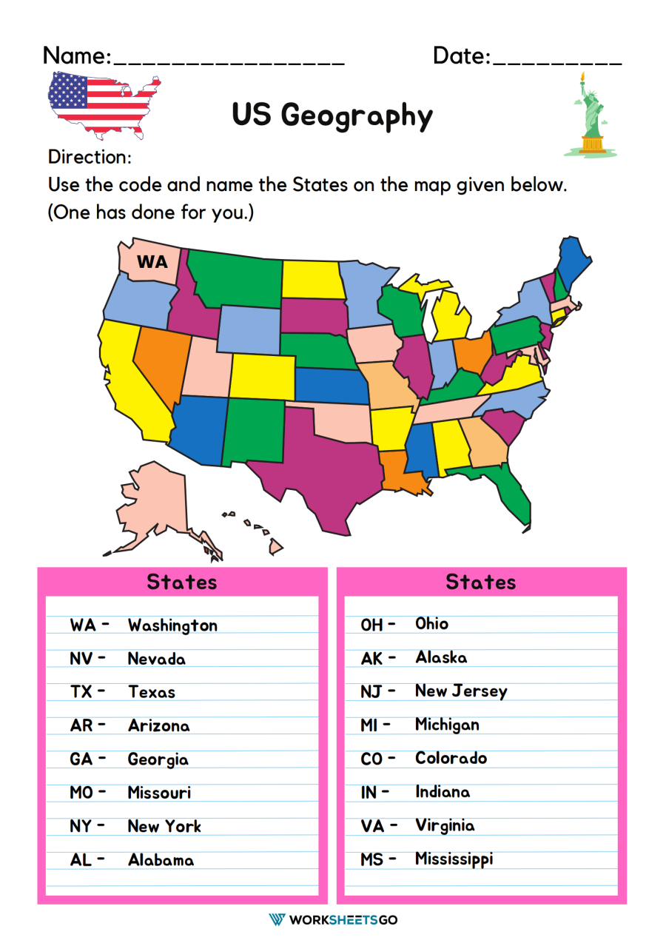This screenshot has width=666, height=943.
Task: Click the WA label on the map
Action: coord(152,261)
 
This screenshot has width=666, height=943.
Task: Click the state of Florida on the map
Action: coord(511,492)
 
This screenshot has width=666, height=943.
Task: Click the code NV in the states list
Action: coord(81,658)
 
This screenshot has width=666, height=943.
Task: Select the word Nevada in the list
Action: coord(156,658)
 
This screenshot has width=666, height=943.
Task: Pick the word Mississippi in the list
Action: coord(454,859)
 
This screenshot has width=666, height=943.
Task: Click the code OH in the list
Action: coord(372,625)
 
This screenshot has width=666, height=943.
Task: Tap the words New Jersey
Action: coord(461,691)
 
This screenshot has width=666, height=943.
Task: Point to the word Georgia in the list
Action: coord(158,759)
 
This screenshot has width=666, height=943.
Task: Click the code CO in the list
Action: coord(372,759)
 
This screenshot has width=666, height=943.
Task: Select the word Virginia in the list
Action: coord(445,825)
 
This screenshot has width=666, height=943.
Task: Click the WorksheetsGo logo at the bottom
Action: coord(333,919)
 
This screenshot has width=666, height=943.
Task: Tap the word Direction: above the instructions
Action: coord(90,157)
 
